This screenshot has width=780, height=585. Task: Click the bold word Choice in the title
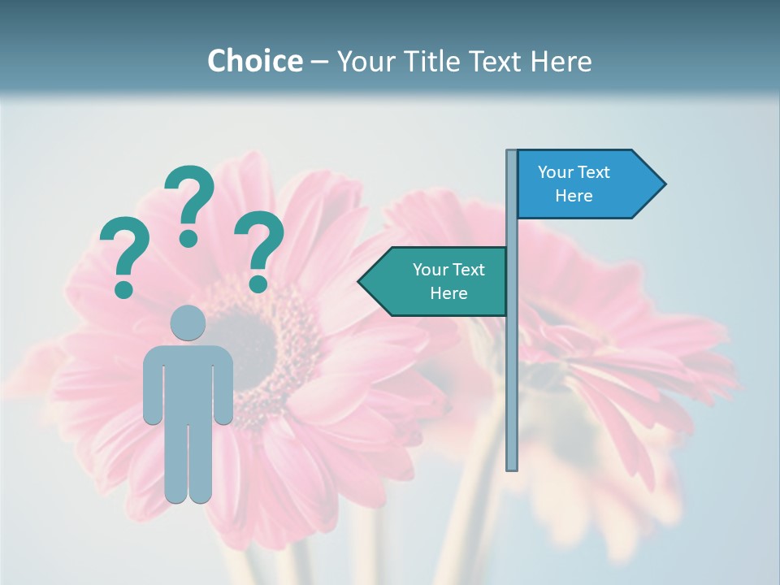point(254,62)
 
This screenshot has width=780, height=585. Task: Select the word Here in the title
point(561,62)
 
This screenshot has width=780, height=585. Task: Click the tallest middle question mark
point(189,205)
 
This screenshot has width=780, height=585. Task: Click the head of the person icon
point(188,323)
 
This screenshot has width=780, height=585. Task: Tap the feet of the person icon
point(188,496)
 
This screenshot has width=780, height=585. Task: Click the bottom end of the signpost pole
point(512,467)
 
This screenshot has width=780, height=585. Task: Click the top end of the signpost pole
point(512,153)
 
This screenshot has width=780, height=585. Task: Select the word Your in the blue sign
point(556,172)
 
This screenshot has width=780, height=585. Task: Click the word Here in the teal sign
point(448,293)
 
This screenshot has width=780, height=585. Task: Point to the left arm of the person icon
point(152,386)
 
